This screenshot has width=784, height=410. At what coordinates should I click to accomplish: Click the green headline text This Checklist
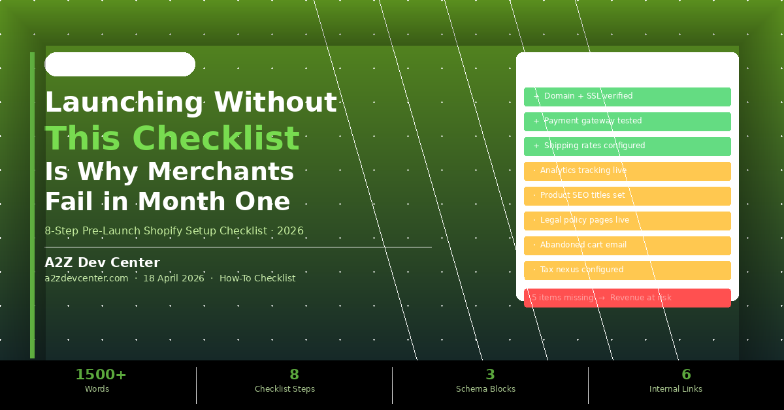click(172, 138)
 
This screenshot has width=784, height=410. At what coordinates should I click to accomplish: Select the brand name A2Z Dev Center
click(102, 262)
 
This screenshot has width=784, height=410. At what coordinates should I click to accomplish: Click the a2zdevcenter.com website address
click(86, 278)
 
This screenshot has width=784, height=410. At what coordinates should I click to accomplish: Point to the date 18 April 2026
click(173, 278)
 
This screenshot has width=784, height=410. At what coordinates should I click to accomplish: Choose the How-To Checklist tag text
click(257, 278)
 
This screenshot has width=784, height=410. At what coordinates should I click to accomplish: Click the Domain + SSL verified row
click(627, 97)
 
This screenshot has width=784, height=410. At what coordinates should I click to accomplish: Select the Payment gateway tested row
click(627, 121)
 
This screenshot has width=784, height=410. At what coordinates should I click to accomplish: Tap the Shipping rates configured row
click(627, 146)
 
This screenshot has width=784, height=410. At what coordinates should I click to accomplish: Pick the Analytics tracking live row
click(627, 171)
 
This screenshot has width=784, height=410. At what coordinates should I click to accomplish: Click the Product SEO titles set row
click(627, 196)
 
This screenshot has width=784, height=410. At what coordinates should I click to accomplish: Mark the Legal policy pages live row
click(627, 221)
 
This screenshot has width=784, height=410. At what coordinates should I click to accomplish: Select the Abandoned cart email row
click(627, 245)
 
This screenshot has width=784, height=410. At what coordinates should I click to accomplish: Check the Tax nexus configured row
click(627, 270)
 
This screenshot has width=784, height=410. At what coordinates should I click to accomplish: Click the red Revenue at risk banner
click(627, 298)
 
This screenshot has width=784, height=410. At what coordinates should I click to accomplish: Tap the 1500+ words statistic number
click(101, 375)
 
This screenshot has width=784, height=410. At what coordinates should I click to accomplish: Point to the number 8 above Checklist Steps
click(294, 375)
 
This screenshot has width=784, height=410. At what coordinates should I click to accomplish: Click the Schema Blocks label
click(485, 389)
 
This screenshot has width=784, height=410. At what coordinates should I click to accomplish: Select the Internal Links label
click(676, 389)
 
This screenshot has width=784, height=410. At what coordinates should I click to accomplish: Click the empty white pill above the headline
click(120, 65)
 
